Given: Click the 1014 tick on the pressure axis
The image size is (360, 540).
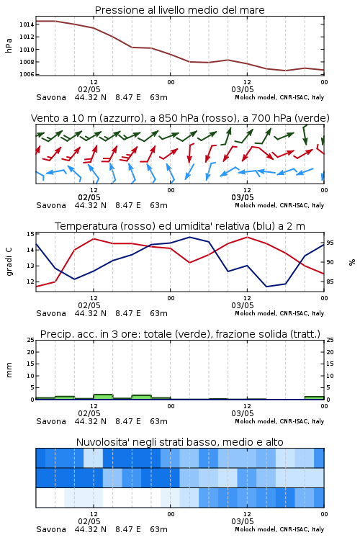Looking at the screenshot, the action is tap(27, 24).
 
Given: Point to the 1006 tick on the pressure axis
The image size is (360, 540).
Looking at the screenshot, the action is tap(27, 74).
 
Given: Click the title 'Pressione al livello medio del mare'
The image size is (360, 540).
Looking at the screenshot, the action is tap(180, 10).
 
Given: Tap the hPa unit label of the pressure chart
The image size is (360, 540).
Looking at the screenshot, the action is tap(9, 45).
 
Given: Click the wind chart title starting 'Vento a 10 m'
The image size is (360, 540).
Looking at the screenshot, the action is tap(180, 118).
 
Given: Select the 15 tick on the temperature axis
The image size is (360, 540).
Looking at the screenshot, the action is tap(30, 234).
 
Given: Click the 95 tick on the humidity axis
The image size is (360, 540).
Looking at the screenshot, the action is tap(330, 243).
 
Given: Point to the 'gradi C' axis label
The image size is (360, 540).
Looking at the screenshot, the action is tap(9, 262).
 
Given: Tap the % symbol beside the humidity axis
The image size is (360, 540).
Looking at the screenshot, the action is tap(352, 262).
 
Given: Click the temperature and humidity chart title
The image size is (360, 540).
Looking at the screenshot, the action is tap(180, 226).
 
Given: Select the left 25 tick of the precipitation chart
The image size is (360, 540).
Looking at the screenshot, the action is tap(30, 341).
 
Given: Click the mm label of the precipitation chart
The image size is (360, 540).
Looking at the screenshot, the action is tap(9, 370).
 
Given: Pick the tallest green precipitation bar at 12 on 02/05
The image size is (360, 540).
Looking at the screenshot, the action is tap(103, 397).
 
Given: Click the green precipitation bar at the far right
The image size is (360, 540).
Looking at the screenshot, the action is tap(314, 397).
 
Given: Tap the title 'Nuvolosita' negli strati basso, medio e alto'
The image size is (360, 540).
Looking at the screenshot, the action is tap(180, 442).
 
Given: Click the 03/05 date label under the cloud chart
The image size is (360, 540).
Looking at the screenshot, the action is tap(243, 521).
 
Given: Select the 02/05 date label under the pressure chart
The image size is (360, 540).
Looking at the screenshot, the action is tap(89, 89).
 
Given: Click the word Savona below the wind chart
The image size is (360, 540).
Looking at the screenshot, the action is tap(51, 206).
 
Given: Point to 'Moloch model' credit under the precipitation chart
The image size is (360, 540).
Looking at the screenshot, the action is tap(256, 421).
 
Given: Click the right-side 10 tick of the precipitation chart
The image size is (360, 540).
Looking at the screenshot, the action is tap(330, 376).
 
